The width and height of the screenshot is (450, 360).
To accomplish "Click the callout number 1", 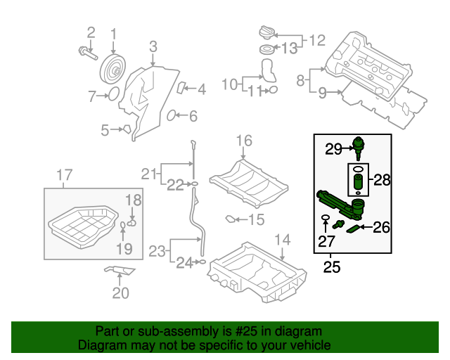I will coord(114,32).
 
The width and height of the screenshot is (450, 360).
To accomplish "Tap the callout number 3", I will coord(153,47).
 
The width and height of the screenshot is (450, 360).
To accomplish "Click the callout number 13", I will coord(290,49).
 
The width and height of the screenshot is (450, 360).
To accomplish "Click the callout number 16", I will coord(243,141).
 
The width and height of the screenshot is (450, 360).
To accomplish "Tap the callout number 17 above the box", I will coord(64,174).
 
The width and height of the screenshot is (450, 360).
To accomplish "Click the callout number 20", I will coord(121,293).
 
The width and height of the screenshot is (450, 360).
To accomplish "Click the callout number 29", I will coord(333,148).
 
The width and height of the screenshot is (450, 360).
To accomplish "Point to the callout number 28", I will coord(382,180).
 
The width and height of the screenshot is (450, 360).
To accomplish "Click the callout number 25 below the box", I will coord(331,266).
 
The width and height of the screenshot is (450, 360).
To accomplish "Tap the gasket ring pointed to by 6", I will coord(172,115).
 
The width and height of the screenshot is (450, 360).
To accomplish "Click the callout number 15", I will coord(255,220).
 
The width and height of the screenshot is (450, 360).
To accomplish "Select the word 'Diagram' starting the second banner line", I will coord(101,345).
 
